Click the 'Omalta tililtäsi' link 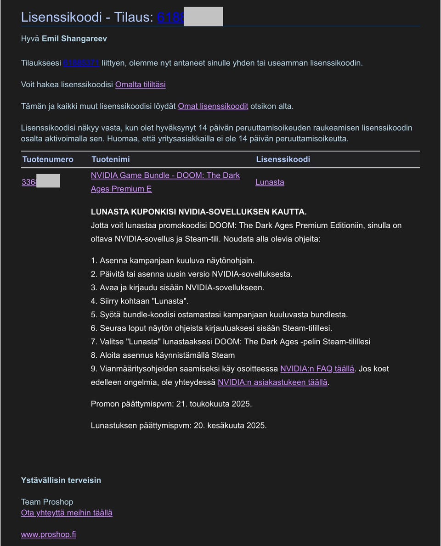point(140,84)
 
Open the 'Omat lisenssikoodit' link point(213,106)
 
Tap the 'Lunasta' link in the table point(270,182)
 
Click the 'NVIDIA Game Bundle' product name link point(165,175)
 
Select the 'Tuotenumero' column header point(48,159)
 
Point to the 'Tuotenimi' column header point(110,159)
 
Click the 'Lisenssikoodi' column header point(283,159)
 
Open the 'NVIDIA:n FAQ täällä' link point(317,369)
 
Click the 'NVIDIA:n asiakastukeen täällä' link point(272,382)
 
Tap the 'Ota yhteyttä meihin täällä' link point(67,512)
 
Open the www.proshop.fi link point(48,534)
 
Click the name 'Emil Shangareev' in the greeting point(74,39)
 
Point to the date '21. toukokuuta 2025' point(214,404)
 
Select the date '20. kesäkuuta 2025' point(230,425)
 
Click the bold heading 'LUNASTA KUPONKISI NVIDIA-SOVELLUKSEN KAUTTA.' point(198,212)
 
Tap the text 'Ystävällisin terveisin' point(61,480)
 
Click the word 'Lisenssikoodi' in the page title point(61,17)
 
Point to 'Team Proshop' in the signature point(47,501)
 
